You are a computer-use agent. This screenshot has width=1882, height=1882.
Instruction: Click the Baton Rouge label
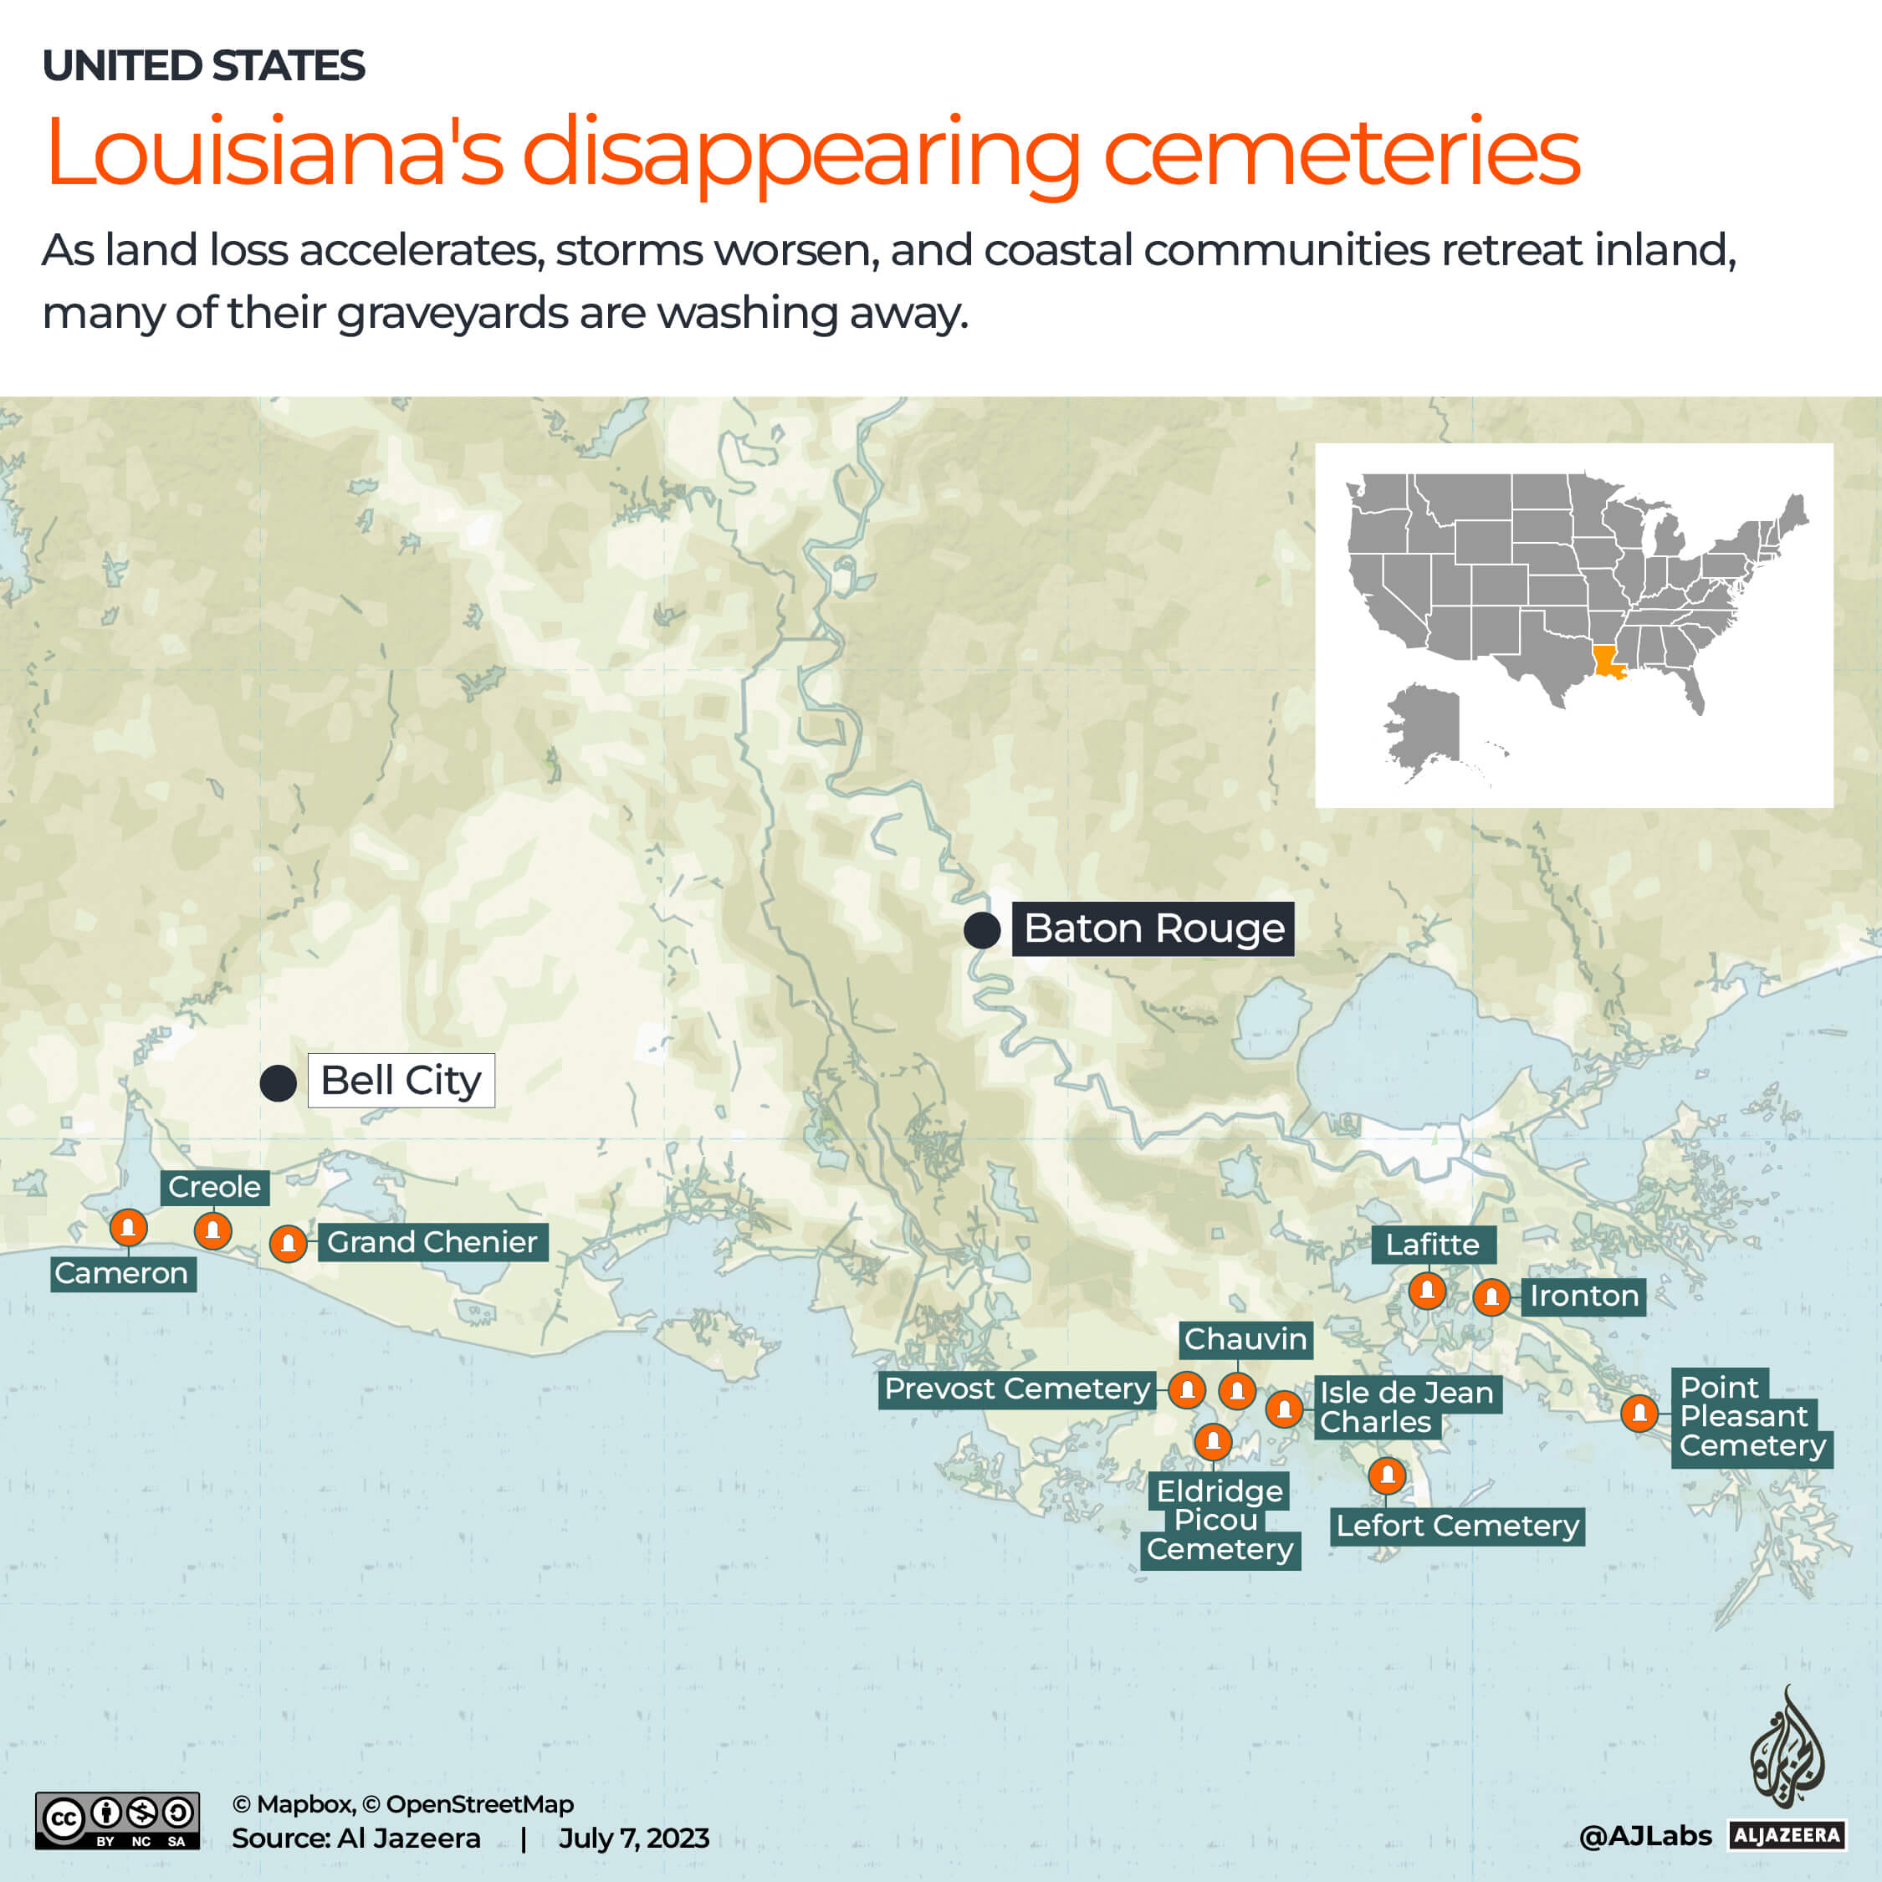click(1153, 929)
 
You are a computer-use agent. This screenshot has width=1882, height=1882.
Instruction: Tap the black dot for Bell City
click(278, 1083)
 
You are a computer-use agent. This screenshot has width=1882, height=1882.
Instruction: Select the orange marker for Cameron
click(129, 1227)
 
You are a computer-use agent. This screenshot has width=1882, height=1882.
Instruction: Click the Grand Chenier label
click(432, 1242)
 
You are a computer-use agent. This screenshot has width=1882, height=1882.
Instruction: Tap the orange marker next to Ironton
click(1491, 1297)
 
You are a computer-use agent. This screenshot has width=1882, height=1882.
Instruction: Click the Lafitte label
click(1432, 1245)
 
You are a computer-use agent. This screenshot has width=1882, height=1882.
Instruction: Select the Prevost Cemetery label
click(1017, 1389)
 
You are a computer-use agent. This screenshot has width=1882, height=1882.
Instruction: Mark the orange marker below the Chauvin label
click(1237, 1391)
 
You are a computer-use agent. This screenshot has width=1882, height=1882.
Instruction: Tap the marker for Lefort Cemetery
click(1387, 1475)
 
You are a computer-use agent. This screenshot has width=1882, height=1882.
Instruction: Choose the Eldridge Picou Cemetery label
click(1220, 1521)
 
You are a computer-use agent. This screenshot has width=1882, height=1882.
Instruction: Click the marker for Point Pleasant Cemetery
click(1639, 1413)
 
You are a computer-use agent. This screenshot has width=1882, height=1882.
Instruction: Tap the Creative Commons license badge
click(118, 1821)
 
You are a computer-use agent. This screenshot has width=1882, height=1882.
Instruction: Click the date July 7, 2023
click(633, 1839)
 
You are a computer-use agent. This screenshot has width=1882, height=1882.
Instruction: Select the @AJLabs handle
click(1644, 1836)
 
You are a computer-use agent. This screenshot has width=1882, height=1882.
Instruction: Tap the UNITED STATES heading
click(203, 66)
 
